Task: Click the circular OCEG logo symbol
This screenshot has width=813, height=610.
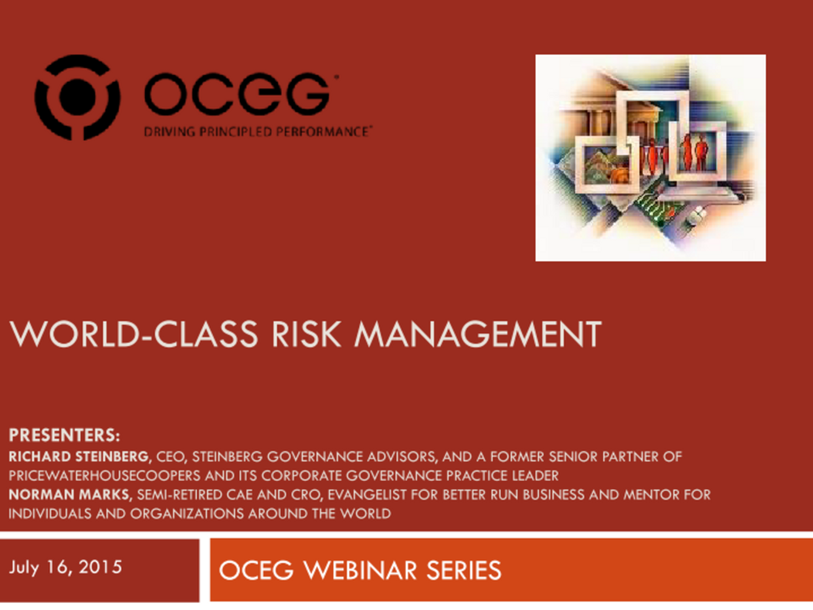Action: [x=77, y=98]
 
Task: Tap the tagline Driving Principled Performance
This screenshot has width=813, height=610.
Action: [x=257, y=132]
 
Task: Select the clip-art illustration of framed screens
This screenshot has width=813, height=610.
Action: [x=650, y=158]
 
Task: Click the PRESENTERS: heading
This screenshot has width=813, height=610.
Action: [x=65, y=435]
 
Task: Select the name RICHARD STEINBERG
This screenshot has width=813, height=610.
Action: [x=79, y=456]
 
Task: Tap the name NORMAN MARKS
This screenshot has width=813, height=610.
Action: [x=70, y=495]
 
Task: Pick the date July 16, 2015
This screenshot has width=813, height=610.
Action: [x=65, y=567]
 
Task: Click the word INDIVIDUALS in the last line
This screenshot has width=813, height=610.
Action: [x=48, y=514]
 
